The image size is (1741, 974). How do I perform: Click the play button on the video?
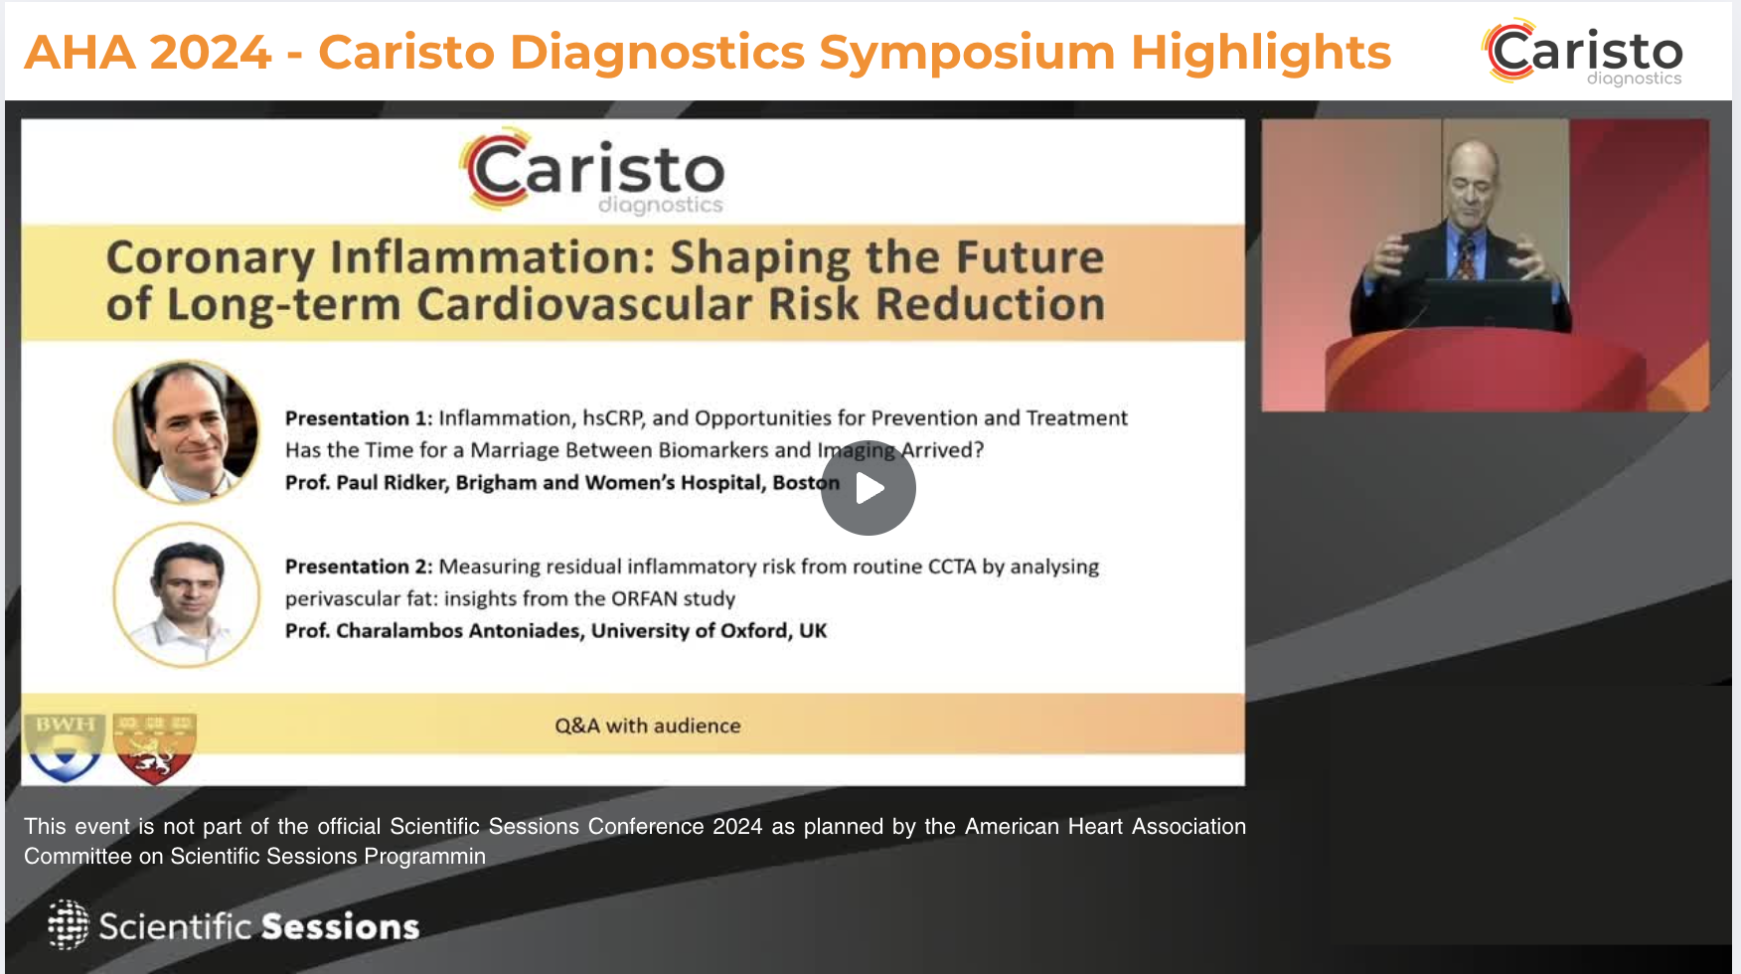[x=869, y=488]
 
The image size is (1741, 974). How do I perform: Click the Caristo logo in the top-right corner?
[x=1583, y=52]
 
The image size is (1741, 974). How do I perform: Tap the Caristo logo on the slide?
[x=592, y=172]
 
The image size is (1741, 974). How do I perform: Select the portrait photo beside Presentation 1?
[x=187, y=432]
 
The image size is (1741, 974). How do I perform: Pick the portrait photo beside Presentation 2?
[x=187, y=595]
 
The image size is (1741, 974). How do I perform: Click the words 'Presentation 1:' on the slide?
[x=359, y=418]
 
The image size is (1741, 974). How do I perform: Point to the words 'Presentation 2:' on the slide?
[x=359, y=567]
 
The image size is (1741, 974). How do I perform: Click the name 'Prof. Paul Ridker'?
[x=367, y=483]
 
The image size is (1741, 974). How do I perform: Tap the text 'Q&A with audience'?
[x=648, y=726]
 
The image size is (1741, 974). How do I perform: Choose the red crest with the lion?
[x=155, y=748]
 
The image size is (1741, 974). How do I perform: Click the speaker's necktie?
[x=1467, y=259]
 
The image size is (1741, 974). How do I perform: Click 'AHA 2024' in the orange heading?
[x=148, y=52]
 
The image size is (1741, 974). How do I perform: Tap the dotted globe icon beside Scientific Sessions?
[x=68, y=924]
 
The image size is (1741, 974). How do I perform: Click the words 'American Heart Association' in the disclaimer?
[x=1105, y=827]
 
